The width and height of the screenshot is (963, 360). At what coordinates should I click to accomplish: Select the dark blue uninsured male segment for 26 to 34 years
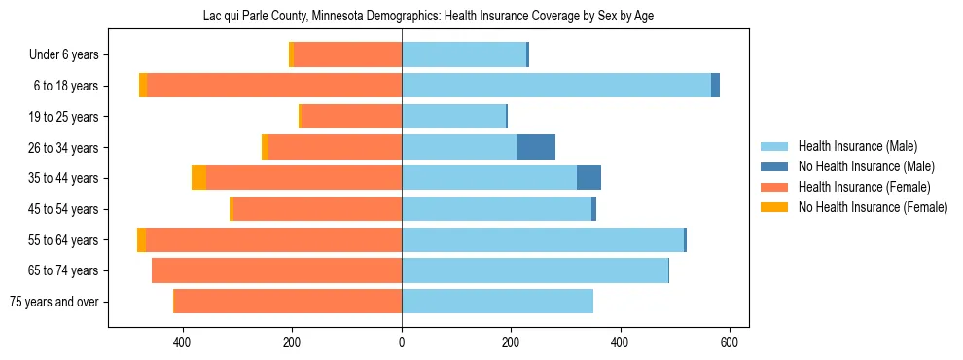tap(535, 147)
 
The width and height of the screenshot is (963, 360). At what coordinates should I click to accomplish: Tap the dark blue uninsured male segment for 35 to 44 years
tap(588, 178)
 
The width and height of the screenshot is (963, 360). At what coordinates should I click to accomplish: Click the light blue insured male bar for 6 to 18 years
tap(555, 86)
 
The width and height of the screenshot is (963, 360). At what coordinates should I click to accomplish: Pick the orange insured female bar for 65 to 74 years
tap(276, 270)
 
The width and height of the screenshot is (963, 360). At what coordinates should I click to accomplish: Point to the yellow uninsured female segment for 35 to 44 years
tap(198, 178)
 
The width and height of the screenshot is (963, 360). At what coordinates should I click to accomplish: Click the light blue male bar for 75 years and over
tap(497, 302)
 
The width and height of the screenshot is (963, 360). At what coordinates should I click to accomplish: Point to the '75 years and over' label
tap(54, 302)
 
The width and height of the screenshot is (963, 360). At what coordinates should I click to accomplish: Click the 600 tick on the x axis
tap(730, 342)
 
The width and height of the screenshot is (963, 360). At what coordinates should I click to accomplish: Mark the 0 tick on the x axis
tap(402, 342)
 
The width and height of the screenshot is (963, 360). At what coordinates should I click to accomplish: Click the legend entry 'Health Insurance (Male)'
tap(857, 146)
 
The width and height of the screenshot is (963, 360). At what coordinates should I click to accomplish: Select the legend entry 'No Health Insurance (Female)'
tap(873, 207)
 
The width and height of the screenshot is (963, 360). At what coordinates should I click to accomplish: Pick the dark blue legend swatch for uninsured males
tap(774, 166)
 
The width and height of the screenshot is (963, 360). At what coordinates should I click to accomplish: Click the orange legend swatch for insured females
tap(774, 187)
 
